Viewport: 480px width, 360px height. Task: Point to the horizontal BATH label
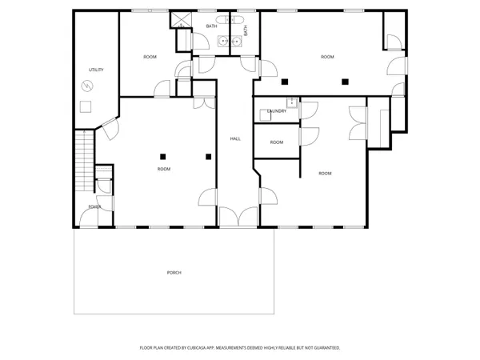[211, 26]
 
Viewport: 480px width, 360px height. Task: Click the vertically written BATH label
[246, 30]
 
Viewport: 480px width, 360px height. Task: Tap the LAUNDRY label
[277, 111]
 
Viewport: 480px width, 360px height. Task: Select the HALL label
[235, 139]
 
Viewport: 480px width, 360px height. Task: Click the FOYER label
[94, 207]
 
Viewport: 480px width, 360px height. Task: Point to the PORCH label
[174, 273]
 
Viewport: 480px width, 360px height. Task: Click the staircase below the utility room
[84, 163]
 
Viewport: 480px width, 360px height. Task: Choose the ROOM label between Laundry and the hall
[276, 142]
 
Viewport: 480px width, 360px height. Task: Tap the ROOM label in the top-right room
[327, 57]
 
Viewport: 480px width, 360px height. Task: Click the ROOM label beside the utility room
[150, 57]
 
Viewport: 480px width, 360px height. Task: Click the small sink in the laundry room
[293, 102]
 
